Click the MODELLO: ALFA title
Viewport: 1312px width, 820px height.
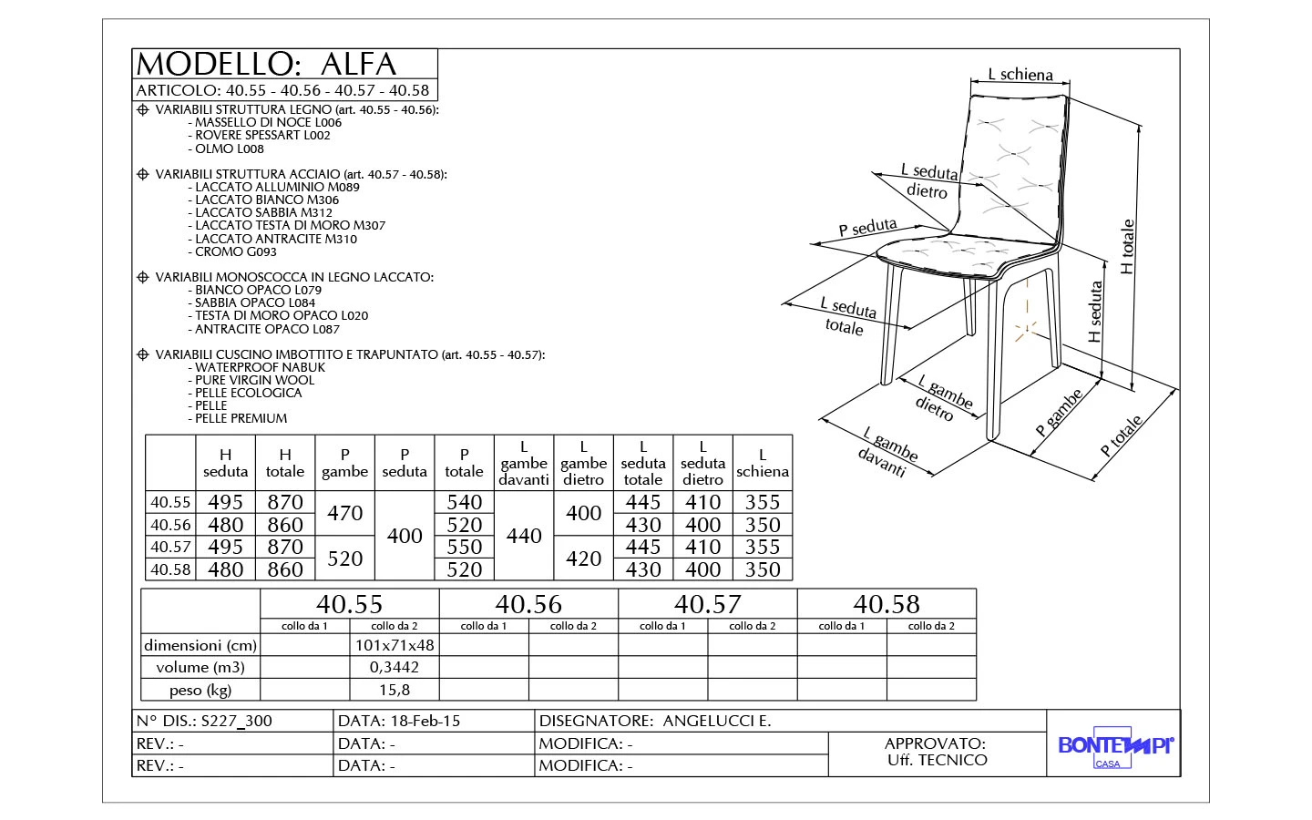coord(266,64)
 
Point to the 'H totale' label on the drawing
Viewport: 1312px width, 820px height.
coord(1128,247)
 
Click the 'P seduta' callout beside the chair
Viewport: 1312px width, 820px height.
coord(867,228)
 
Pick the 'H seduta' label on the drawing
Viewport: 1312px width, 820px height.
coord(1096,312)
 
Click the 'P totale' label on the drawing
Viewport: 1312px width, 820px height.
coord(1121,436)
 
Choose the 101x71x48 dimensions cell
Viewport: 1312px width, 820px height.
coord(395,645)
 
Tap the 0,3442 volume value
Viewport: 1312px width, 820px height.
coord(395,667)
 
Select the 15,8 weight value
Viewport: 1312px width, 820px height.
coord(395,690)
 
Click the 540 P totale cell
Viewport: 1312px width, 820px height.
coord(464,502)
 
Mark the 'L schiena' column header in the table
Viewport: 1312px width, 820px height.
coord(763,463)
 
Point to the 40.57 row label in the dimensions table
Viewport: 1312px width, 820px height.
coord(170,548)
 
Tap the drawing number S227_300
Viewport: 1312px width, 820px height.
coord(236,721)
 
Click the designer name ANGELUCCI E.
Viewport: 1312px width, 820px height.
coord(717,721)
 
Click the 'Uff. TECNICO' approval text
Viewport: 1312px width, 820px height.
coord(937,760)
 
